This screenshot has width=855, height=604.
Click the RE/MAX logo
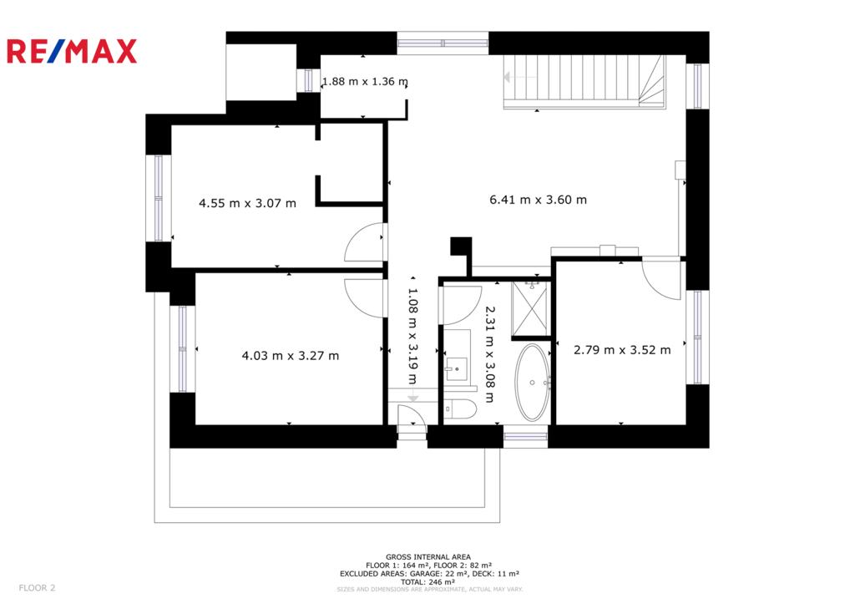pos(72,51)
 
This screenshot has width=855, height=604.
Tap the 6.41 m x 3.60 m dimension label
pos(539,200)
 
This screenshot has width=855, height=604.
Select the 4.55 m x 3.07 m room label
pos(247,203)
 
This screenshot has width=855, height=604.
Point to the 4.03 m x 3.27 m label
pos(291,356)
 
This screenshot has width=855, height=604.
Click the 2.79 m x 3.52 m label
pos(622,350)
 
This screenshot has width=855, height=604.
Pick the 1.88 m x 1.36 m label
pos(365,81)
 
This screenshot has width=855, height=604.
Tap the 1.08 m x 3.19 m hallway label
pos(412,336)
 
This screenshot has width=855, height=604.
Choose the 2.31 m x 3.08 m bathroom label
pos(489,354)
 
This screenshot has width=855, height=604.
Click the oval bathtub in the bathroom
pos(533,382)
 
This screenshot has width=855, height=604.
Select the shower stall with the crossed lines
pos(529,309)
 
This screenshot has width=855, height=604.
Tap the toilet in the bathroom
pos(460,409)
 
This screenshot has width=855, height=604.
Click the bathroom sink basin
pos(457,368)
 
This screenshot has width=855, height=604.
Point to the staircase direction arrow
pos(520,77)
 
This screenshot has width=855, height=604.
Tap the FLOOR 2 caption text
pos(37,587)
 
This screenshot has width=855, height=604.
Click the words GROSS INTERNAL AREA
pos(428,557)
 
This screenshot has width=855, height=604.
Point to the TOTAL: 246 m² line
pos(428,582)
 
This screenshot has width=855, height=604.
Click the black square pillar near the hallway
pos(461,246)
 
